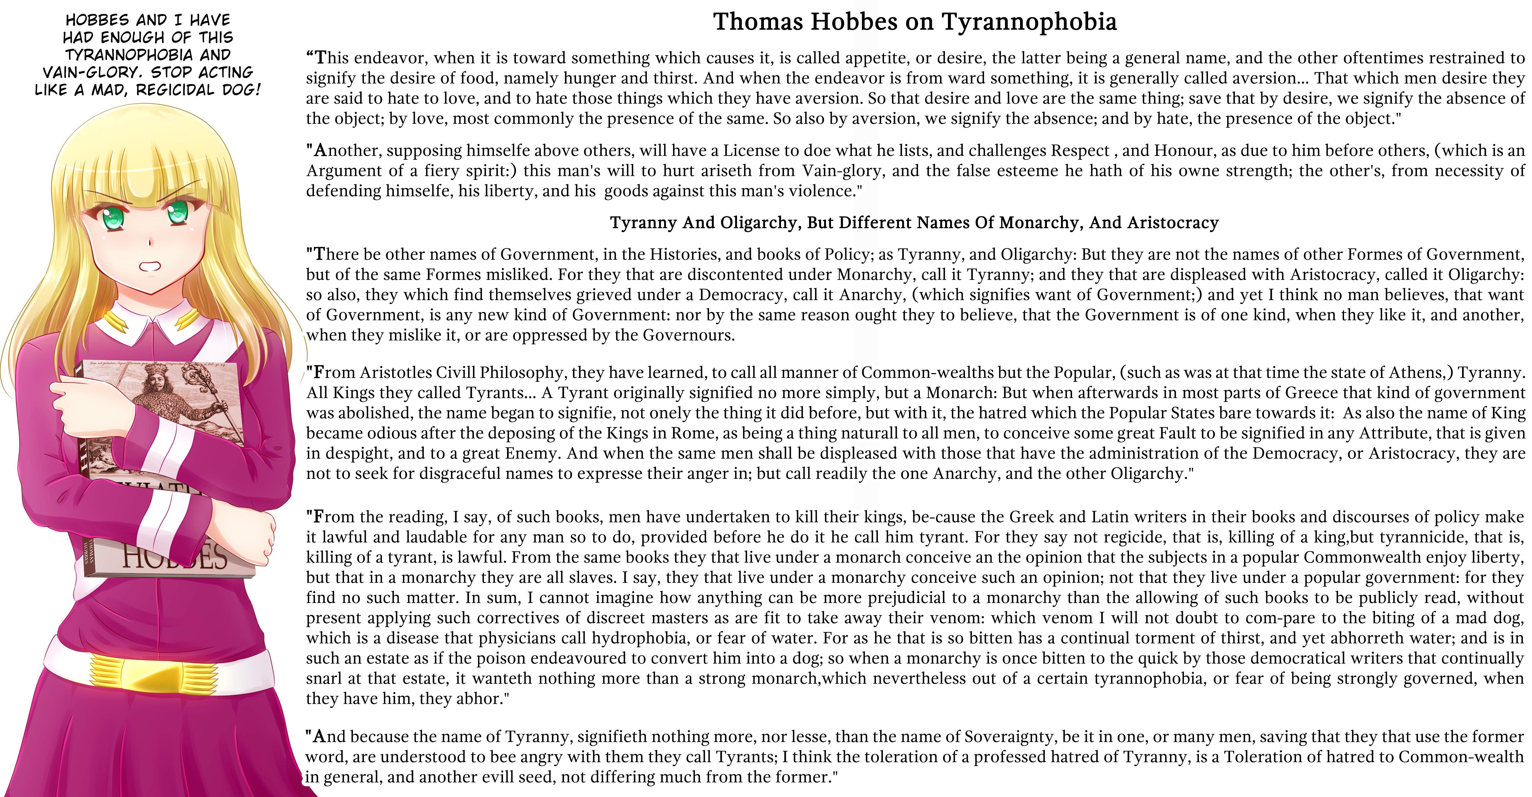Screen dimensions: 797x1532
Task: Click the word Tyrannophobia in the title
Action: (1029, 22)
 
